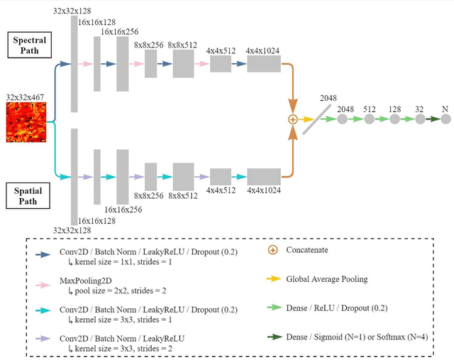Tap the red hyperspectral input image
point(26,121)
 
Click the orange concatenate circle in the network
point(292,120)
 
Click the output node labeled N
point(445,119)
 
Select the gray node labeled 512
point(369,119)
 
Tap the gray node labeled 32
point(419,119)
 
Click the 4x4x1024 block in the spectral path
point(263,64)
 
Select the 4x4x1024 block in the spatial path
point(263,177)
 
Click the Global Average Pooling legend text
point(326,279)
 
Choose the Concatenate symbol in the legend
point(272,250)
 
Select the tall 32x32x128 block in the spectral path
point(74,64)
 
